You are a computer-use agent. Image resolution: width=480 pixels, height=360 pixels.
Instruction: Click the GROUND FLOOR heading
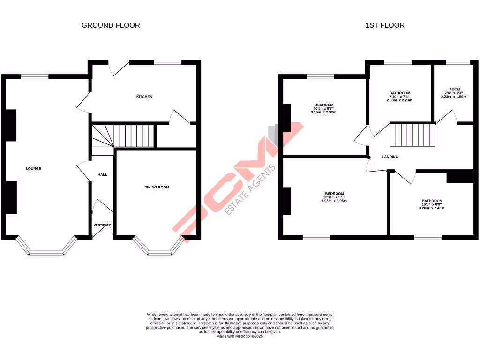tap(111, 25)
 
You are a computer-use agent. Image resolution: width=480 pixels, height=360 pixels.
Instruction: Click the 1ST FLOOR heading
tap(384, 25)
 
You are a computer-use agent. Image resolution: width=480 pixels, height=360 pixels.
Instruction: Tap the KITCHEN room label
tap(144, 97)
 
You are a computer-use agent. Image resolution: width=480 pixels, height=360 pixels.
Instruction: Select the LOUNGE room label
tap(34, 168)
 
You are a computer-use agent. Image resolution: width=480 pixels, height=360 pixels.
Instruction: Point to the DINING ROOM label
tap(157, 187)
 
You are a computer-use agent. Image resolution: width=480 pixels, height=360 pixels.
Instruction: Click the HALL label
tap(102, 174)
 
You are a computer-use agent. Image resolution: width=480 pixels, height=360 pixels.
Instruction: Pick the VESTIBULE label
tap(102, 225)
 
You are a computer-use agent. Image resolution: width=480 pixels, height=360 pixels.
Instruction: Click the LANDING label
tap(390, 157)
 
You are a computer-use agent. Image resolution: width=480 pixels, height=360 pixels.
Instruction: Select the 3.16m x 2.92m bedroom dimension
tap(323, 112)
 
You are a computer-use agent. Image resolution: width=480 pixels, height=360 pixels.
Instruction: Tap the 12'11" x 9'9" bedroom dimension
tap(335, 197)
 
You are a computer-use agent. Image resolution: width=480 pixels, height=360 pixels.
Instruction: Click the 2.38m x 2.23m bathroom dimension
tap(399, 100)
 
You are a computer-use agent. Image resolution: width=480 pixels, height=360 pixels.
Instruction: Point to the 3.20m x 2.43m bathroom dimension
tap(431, 208)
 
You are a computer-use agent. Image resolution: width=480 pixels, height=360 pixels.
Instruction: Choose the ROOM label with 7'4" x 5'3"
tap(454, 89)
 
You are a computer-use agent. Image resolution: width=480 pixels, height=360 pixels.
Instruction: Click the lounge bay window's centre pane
tap(46, 254)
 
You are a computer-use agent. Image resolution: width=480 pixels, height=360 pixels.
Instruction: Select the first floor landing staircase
tap(413, 135)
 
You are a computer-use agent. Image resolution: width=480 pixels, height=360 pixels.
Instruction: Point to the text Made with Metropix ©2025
tap(240, 336)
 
